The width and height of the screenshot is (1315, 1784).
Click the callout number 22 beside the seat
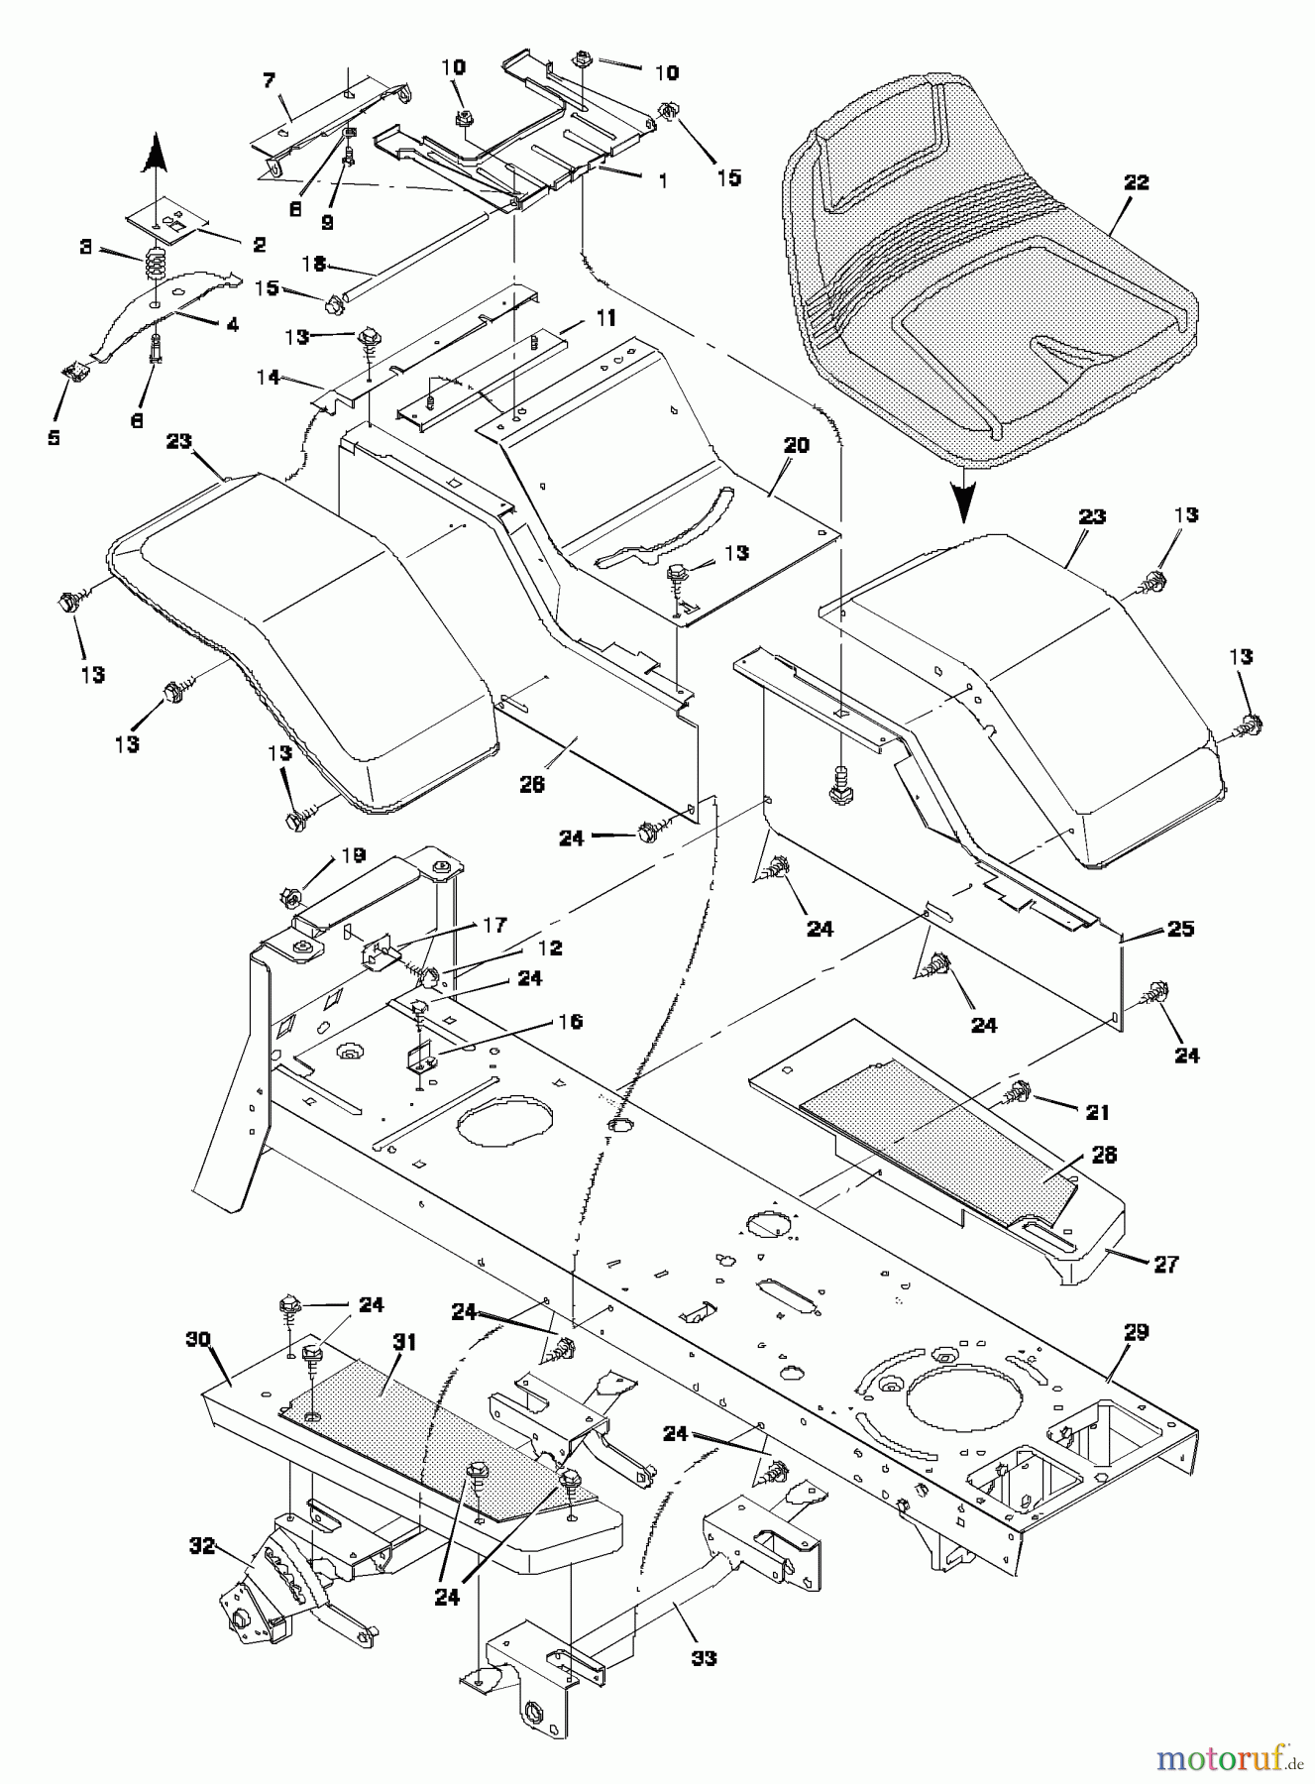[x=1136, y=182]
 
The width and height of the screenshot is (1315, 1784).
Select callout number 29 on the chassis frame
[x=1136, y=1332]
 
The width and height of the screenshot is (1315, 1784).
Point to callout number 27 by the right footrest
[x=1166, y=1264]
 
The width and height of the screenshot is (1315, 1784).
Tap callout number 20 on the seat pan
[x=796, y=446]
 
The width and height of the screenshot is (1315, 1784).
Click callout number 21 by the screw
[x=1097, y=1112]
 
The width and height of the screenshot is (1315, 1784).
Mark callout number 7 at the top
[x=269, y=80]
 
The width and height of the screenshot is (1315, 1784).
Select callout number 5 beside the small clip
[x=55, y=436]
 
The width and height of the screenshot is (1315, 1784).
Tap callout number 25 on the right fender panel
[x=1181, y=929]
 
